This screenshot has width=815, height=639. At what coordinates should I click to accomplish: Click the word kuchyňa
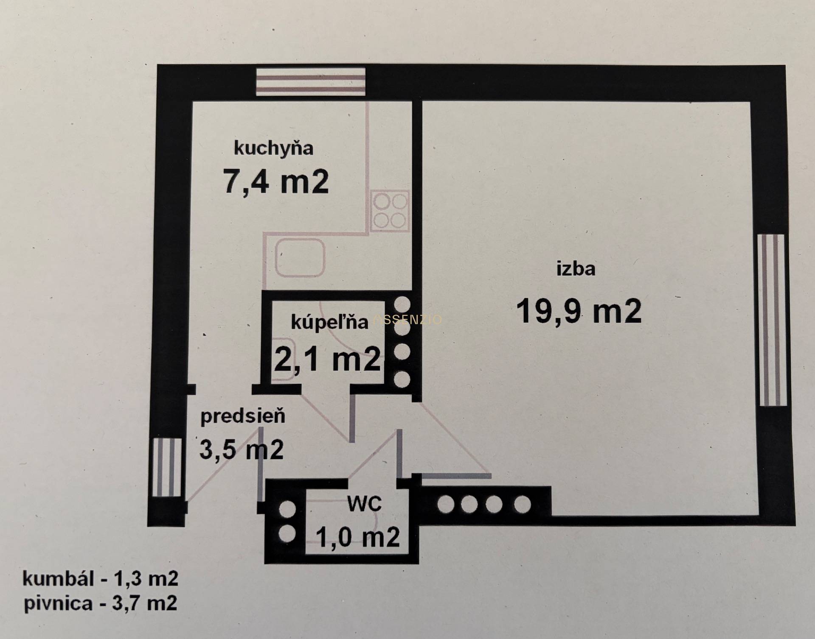click(273, 149)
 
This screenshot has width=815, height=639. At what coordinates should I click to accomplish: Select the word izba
click(576, 269)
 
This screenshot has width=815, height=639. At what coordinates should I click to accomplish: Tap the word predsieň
click(243, 416)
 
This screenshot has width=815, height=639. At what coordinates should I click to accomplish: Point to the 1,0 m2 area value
click(357, 537)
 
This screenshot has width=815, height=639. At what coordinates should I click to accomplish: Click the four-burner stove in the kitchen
click(390, 211)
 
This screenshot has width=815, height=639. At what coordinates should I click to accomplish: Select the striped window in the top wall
click(310, 81)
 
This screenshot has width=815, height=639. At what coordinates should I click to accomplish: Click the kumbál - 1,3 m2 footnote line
click(100, 579)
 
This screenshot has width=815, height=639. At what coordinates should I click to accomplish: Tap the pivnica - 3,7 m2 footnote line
click(100, 603)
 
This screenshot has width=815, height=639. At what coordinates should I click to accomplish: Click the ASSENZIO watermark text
click(407, 319)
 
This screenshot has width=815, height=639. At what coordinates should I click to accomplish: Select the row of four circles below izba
click(484, 505)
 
